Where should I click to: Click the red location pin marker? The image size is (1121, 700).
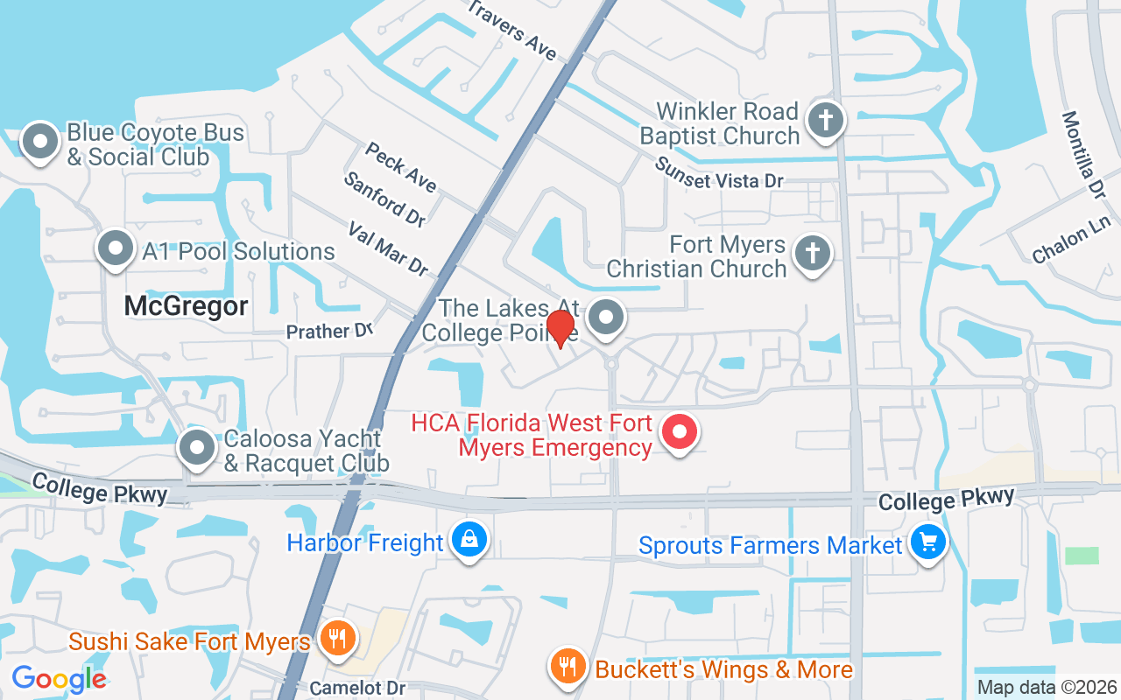tap(560, 328)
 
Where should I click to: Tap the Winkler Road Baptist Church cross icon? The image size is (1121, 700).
tap(825, 120)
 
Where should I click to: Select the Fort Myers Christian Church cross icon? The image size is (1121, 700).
tap(812, 254)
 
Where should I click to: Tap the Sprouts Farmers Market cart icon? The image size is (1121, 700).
tap(927, 542)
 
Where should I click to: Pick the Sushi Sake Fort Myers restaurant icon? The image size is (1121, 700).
tap(335, 638)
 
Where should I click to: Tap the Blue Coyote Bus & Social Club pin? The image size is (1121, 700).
tap(39, 141)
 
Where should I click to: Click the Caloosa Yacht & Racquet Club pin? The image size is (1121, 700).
tap(197, 447)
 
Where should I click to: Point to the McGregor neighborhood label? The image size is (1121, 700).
tap(186, 306)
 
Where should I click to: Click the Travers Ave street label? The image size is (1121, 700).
tap(512, 30)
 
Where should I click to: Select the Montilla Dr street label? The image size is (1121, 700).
tap(1083, 154)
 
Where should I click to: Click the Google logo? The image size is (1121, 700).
tap(59, 678)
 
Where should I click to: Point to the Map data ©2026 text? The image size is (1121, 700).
tap(1047, 688)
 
